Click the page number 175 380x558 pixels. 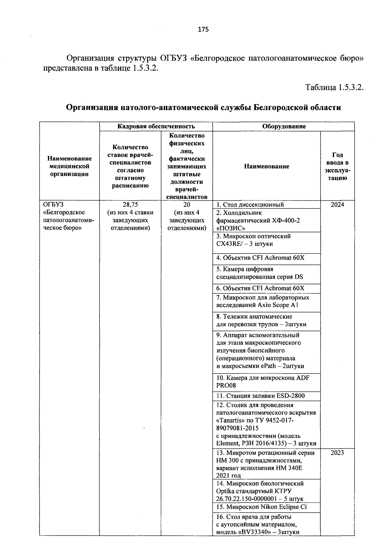[203, 29]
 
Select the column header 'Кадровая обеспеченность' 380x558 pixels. [156, 126]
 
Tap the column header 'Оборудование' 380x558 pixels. [284, 126]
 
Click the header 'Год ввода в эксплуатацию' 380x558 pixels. [337, 166]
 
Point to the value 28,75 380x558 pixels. [130, 204]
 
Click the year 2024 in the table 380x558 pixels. [337, 204]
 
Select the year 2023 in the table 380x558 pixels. [337, 452]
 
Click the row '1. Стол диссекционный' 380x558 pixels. [250, 204]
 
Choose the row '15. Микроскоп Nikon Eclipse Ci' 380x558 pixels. [262, 507]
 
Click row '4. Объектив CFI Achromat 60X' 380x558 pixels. [260, 257]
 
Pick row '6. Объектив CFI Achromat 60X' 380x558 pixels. [260, 288]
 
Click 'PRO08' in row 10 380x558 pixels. [226, 386]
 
